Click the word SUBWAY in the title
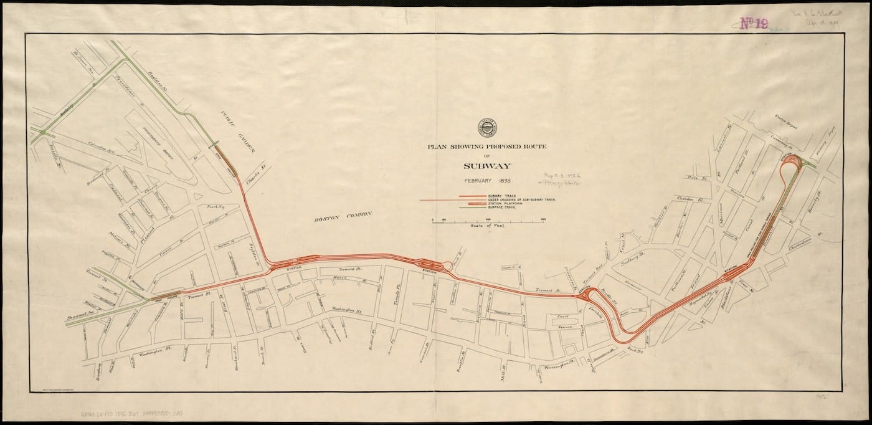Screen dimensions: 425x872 [486, 166]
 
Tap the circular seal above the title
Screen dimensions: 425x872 [487, 127]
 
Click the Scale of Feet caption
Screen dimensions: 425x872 [488, 226]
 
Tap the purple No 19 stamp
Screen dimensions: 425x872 [754, 24]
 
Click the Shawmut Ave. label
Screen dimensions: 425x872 [80, 318]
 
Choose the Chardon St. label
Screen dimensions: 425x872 [688, 200]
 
